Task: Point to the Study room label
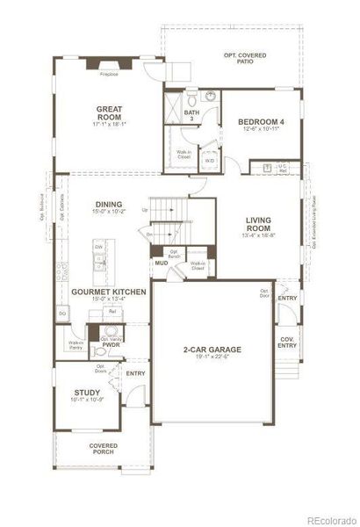86,393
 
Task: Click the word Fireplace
110,75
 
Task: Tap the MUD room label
162,263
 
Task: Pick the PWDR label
110,345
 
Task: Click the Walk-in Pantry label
76,345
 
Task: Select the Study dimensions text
86,401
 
